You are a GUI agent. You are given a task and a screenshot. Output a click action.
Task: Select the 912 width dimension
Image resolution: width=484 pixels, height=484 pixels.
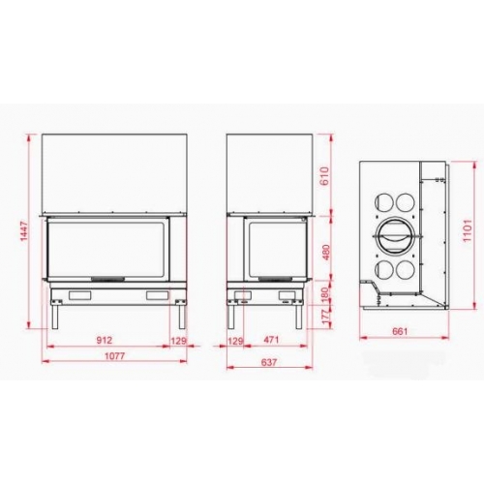pos(105,340)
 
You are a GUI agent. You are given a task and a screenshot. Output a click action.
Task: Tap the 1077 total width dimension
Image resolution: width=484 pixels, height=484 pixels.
pos(115,356)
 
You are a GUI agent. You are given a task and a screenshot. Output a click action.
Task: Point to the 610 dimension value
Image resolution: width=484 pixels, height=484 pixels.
pos(325,176)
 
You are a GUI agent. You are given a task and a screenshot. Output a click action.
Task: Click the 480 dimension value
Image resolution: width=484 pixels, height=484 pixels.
pos(326,254)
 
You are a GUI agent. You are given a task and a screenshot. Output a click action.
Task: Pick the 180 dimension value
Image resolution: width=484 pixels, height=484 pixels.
pos(325,294)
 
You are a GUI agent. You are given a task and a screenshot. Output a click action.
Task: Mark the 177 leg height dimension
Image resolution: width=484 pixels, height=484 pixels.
pos(327,318)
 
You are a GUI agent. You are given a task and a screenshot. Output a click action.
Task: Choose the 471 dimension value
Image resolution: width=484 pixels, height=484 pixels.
pos(271,340)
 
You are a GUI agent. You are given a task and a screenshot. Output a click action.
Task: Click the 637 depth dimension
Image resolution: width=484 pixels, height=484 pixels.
pos(269,362)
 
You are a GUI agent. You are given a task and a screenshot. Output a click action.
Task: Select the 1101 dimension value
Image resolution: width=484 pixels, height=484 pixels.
pos(468,231)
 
